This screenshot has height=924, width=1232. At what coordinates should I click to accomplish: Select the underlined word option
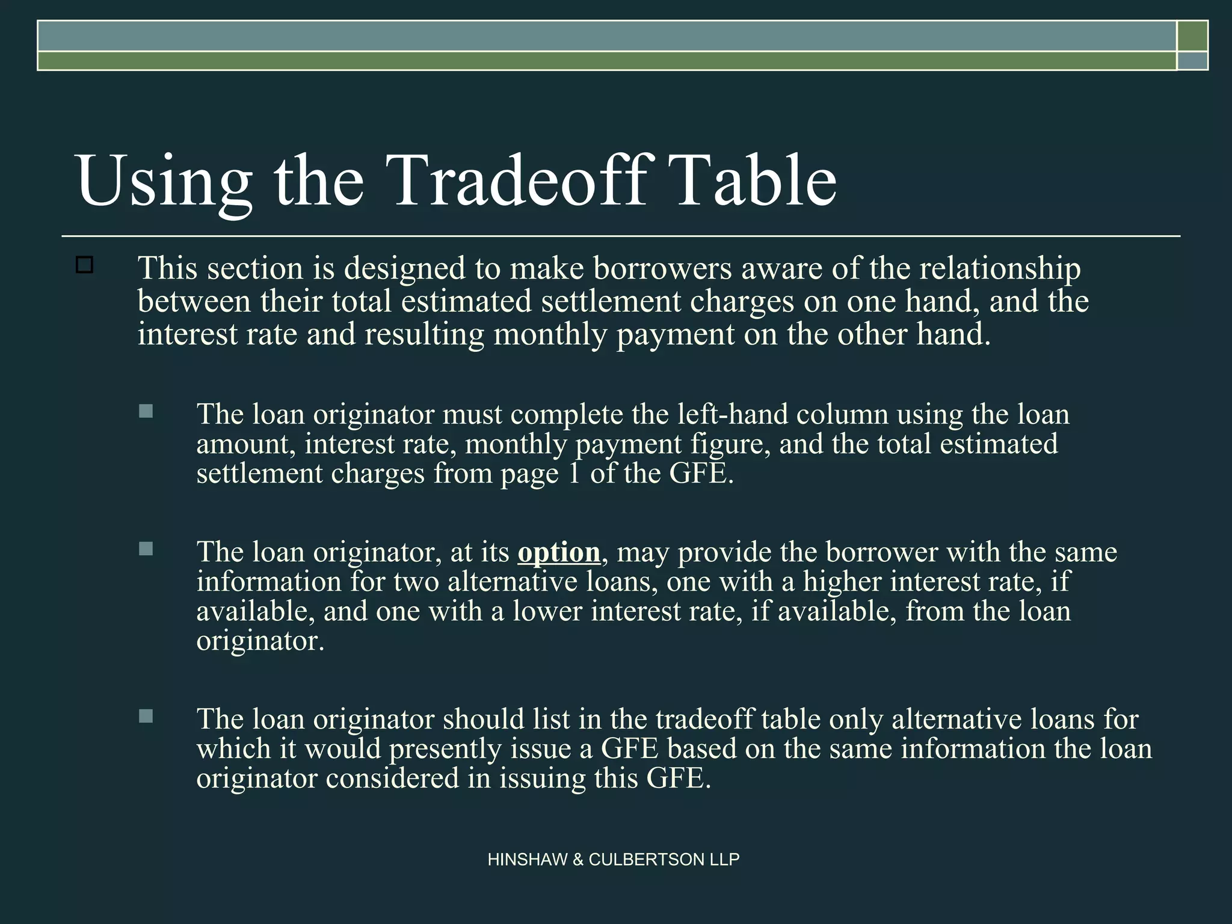[559, 552]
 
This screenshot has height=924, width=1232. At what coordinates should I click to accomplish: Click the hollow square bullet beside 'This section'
[85, 265]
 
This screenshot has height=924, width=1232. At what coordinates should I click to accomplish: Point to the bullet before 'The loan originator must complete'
[146, 411]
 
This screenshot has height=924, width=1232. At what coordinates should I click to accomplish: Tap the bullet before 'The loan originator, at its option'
[146, 549]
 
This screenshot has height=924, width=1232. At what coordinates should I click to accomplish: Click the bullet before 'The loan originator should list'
[146, 716]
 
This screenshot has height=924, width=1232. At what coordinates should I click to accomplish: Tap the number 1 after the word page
[574, 473]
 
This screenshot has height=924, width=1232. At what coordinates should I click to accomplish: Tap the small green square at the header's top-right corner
[1192, 35]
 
